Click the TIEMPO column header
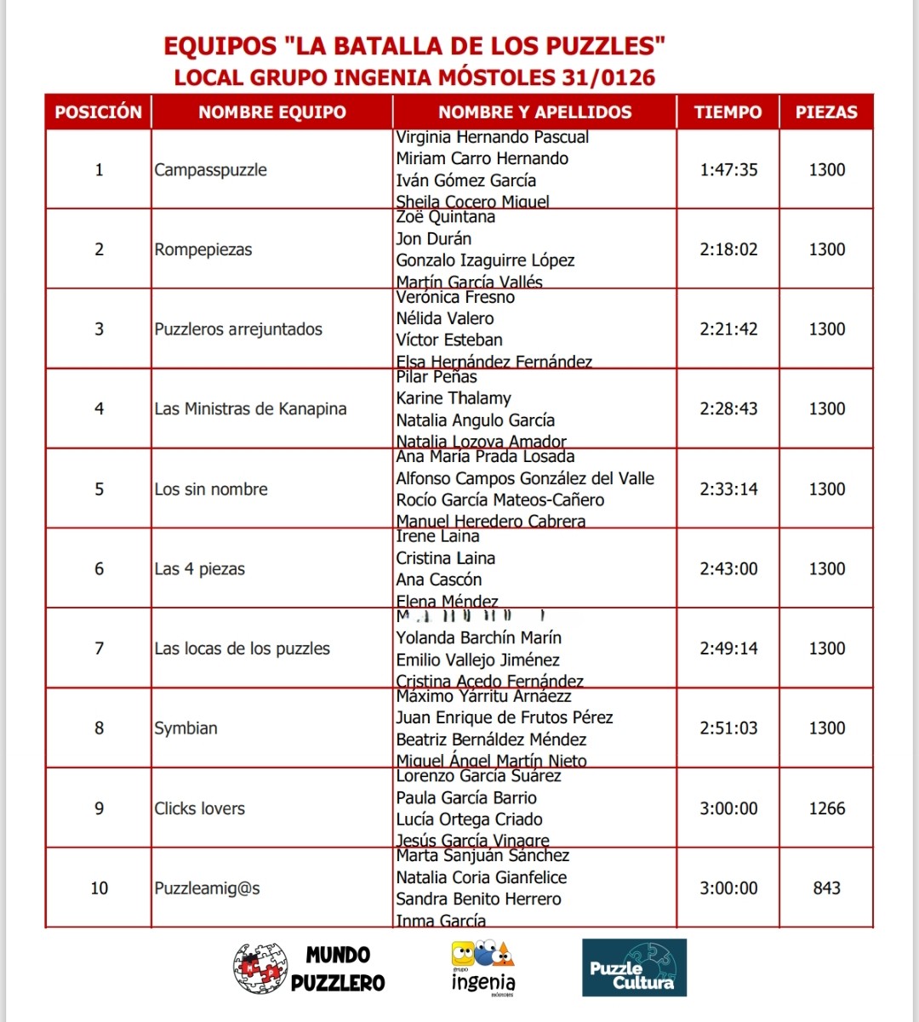click(x=728, y=111)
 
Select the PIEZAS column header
click(x=826, y=111)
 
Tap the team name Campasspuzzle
click(x=210, y=169)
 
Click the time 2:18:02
click(x=728, y=249)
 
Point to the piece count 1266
click(x=826, y=808)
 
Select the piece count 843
click(x=826, y=888)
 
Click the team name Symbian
click(x=186, y=728)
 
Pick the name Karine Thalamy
click(x=454, y=398)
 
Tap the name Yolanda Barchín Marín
click(x=478, y=637)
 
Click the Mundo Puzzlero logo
click(x=309, y=968)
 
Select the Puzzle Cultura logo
click(x=634, y=968)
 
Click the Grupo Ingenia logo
click(x=482, y=968)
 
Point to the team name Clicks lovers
click(x=199, y=808)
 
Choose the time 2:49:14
click(x=728, y=648)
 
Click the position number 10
click(x=99, y=888)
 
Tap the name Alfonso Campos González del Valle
click(x=524, y=478)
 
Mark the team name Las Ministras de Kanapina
click(x=250, y=408)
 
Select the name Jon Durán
click(x=433, y=238)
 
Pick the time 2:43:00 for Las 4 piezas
click(x=728, y=568)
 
